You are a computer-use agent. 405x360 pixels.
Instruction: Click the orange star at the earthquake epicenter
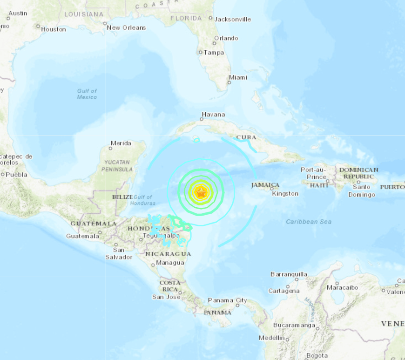coord(201,192)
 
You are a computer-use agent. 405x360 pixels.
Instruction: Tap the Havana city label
coord(213,115)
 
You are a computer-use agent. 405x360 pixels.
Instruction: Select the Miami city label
coord(238,77)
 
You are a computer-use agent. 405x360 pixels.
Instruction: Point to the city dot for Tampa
coord(201,52)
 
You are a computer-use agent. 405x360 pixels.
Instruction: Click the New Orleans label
coord(126,27)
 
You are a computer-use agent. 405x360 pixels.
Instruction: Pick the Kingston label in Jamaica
coord(285,193)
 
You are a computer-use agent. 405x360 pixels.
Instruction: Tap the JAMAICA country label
coord(265,185)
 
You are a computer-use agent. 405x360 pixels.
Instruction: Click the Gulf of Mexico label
coord(87,94)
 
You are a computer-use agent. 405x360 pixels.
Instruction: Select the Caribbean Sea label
coord(309,222)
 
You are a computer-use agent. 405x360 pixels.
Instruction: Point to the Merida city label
coord(121,143)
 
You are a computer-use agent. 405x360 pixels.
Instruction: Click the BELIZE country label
coord(122,197)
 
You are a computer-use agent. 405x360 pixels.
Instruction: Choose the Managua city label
coord(170,263)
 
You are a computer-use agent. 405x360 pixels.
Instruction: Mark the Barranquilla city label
coord(289,274)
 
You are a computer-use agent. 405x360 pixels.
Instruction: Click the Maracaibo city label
coord(342,287)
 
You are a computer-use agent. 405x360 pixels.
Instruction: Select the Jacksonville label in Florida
coord(232,19)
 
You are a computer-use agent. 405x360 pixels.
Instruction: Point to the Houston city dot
coord(38,29)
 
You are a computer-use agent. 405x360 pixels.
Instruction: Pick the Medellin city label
coord(271,338)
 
